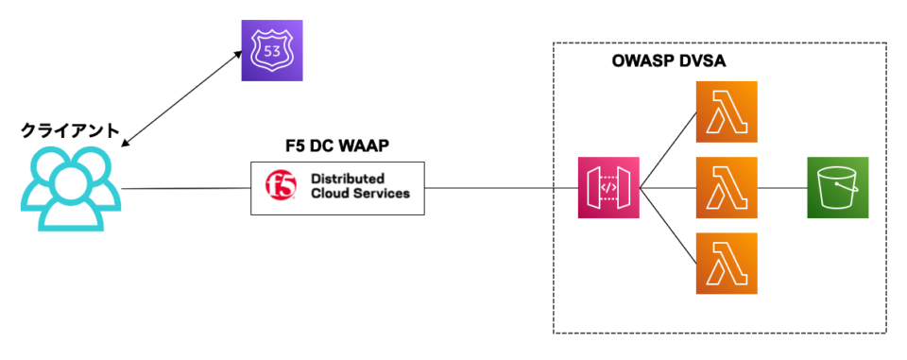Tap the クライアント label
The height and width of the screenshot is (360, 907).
click(71, 131)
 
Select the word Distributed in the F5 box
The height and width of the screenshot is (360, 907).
click(347, 179)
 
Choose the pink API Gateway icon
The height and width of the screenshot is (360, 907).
click(608, 187)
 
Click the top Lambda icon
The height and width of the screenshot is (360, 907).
click(726, 111)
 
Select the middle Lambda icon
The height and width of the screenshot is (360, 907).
click(726, 187)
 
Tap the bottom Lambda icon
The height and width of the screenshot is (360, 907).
click(726, 264)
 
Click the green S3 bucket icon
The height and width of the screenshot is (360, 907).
click(837, 187)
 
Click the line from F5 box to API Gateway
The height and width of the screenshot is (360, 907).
click(501, 188)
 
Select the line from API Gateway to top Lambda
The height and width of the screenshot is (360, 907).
click(667, 149)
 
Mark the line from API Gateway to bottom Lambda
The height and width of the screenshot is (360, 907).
click(667, 226)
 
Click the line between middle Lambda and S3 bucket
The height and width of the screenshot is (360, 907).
click(781, 188)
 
